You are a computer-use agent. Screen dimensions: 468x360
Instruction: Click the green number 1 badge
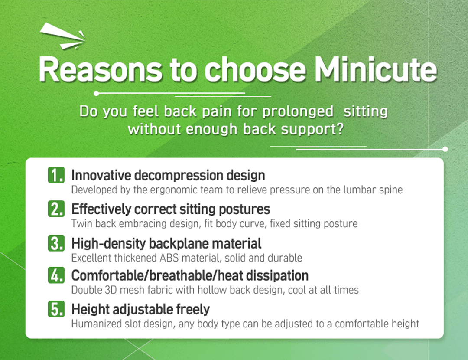(56, 175)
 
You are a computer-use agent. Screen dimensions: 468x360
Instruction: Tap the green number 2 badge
(56, 209)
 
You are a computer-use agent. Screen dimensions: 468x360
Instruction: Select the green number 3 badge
(56, 243)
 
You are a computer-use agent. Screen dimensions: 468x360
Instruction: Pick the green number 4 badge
(56, 275)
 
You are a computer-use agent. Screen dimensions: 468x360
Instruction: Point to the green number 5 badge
(56, 309)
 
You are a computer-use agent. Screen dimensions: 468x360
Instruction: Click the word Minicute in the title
(376, 69)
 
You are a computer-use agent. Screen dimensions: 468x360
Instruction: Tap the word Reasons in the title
(101, 69)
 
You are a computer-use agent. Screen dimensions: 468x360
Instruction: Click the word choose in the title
(256, 69)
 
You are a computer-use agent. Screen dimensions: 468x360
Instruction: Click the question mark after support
(340, 129)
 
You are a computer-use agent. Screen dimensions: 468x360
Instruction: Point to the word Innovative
(101, 175)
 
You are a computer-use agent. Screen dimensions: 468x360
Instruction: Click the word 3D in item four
(110, 290)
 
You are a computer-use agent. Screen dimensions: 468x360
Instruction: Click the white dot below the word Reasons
(96, 94)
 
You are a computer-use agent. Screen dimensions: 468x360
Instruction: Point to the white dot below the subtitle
(445, 149)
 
